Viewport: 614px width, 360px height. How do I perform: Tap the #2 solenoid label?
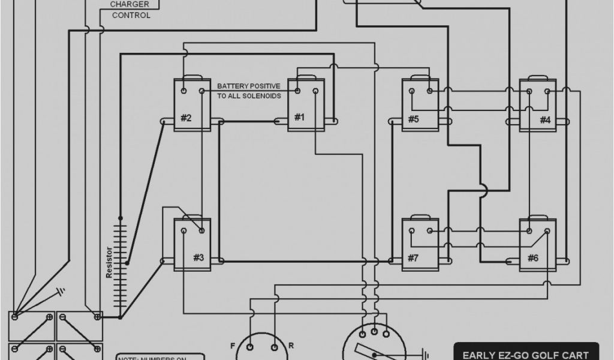pyautogui.click(x=186, y=118)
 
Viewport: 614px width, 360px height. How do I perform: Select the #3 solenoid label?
pyautogui.click(x=198, y=257)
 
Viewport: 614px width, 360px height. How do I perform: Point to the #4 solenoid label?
pyautogui.click(x=544, y=119)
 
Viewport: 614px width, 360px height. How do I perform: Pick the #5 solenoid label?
pyautogui.click(x=413, y=119)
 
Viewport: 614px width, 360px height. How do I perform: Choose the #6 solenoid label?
pyautogui.click(x=532, y=258)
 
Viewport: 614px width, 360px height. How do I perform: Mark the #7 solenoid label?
pyautogui.click(x=413, y=258)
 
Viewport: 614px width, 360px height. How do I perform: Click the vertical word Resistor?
pyautogui.click(x=109, y=262)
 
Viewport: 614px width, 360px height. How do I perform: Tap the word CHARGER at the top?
pyautogui.click(x=125, y=4)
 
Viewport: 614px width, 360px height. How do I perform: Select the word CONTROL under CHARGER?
pyautogui.click(x=131, y=15)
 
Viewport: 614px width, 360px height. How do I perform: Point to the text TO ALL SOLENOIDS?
pyautogui.click(x=249, y=96)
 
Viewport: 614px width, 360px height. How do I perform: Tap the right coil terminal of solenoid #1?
pyautogui.click(x=314, y=91)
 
